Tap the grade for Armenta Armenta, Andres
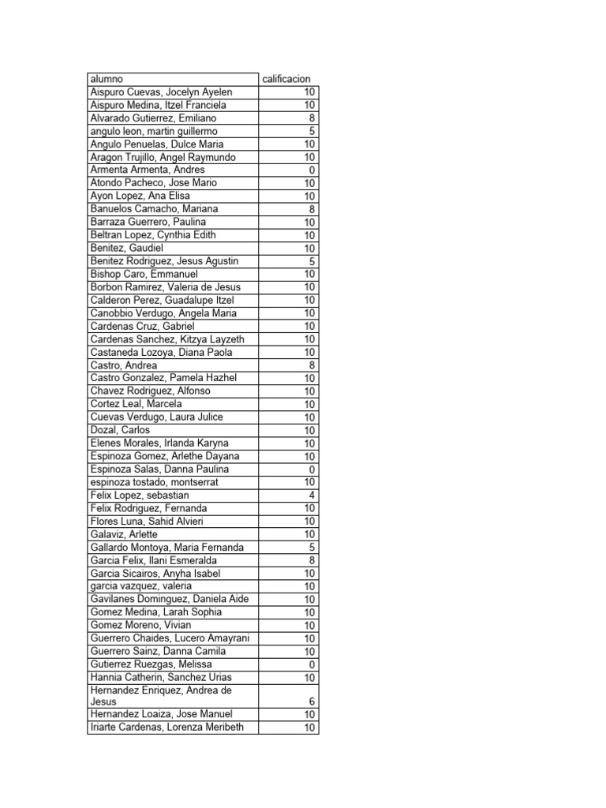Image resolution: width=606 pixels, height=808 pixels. pos(312,170)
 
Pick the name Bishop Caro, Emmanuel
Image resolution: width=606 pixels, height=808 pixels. pos(144,274)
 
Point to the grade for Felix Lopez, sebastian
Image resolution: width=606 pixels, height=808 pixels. pos(312,495)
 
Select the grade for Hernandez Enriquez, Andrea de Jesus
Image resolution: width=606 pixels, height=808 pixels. pos(312,701)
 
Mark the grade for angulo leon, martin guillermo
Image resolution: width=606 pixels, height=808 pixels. pos(312,131)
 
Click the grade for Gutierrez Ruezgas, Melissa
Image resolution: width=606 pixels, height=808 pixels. pos(312,664)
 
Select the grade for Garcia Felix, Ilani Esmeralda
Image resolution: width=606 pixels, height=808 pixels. pos(312,560)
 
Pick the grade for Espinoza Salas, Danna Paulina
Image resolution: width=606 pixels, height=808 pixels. pos(312,469)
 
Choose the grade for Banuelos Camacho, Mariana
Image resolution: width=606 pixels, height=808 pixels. pos(312,209)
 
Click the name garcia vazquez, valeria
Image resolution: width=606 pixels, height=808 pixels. pos(141,586)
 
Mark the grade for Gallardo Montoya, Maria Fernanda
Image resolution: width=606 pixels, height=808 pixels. pos(312,547)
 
